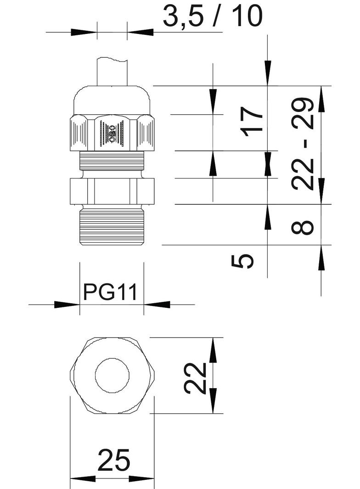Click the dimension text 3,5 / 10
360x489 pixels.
pos(213,16)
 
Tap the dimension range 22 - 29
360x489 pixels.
pos(303,144)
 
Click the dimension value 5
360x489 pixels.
pos(243,261)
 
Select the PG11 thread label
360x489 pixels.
pos(111,292)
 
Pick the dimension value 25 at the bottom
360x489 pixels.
pos(113,461)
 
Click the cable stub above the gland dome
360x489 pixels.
pos(112,72)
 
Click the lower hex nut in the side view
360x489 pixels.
pos(112,190)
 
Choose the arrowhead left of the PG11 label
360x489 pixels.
pos(67,304)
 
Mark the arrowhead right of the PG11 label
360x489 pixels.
pos(157,304)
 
